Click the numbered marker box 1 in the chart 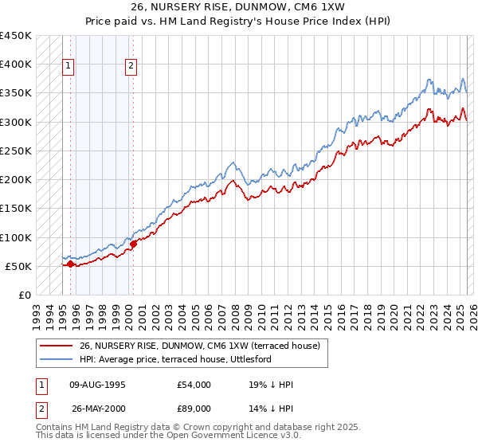tap(69, 67)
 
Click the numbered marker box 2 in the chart tap(130, 67)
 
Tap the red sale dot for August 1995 tap(70, 264)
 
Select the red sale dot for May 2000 tap(133, 244)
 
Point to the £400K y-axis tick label tap(16, 65)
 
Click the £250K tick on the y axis tap(16, 151)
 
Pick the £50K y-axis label tap(19, 266)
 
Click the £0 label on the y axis tap(25, 295)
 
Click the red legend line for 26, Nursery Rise tap(56, 346)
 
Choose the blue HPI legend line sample tap(56, 359)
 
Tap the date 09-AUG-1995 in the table tap(98, 385)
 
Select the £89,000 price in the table tap(194, 408)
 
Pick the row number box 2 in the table tap(41, 408)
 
